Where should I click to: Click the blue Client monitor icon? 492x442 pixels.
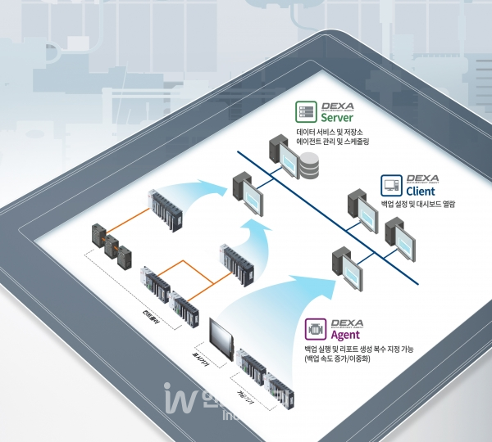click(389, 183)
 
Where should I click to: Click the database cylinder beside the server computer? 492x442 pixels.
click(309, 167)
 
